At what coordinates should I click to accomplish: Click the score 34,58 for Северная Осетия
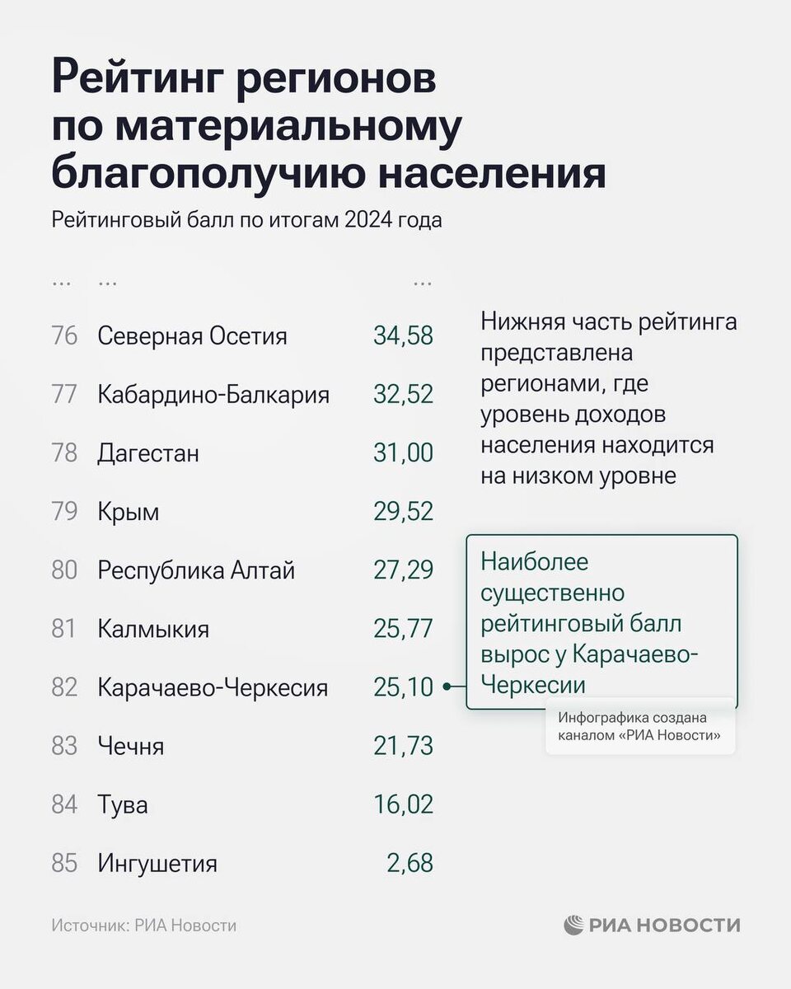coord(403,336)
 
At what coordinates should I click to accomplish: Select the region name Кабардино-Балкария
coord(213,395)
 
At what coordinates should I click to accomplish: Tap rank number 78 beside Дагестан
coord(64,453)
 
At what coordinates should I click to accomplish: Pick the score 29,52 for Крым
coord(403,512)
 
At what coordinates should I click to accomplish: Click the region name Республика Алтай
coord(196,570)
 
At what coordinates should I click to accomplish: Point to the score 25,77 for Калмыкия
coord(403,629)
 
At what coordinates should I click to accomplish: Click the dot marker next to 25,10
coord(446,687)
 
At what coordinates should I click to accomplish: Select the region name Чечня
coord(130,747)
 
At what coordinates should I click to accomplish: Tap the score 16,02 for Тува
coord(403,805)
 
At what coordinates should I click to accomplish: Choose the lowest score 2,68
coord(410,864)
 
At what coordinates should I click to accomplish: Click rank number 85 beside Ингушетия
coord(64,864)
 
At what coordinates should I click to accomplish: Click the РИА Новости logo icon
coord(573,926)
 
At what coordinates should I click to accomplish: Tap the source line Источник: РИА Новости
coord(143,926)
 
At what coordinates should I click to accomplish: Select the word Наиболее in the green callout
coord(535,563)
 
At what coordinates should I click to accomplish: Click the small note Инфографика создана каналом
coord(639,727)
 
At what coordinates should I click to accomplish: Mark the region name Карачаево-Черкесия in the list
coord(213,688)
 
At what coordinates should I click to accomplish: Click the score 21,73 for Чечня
coord(403,747)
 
